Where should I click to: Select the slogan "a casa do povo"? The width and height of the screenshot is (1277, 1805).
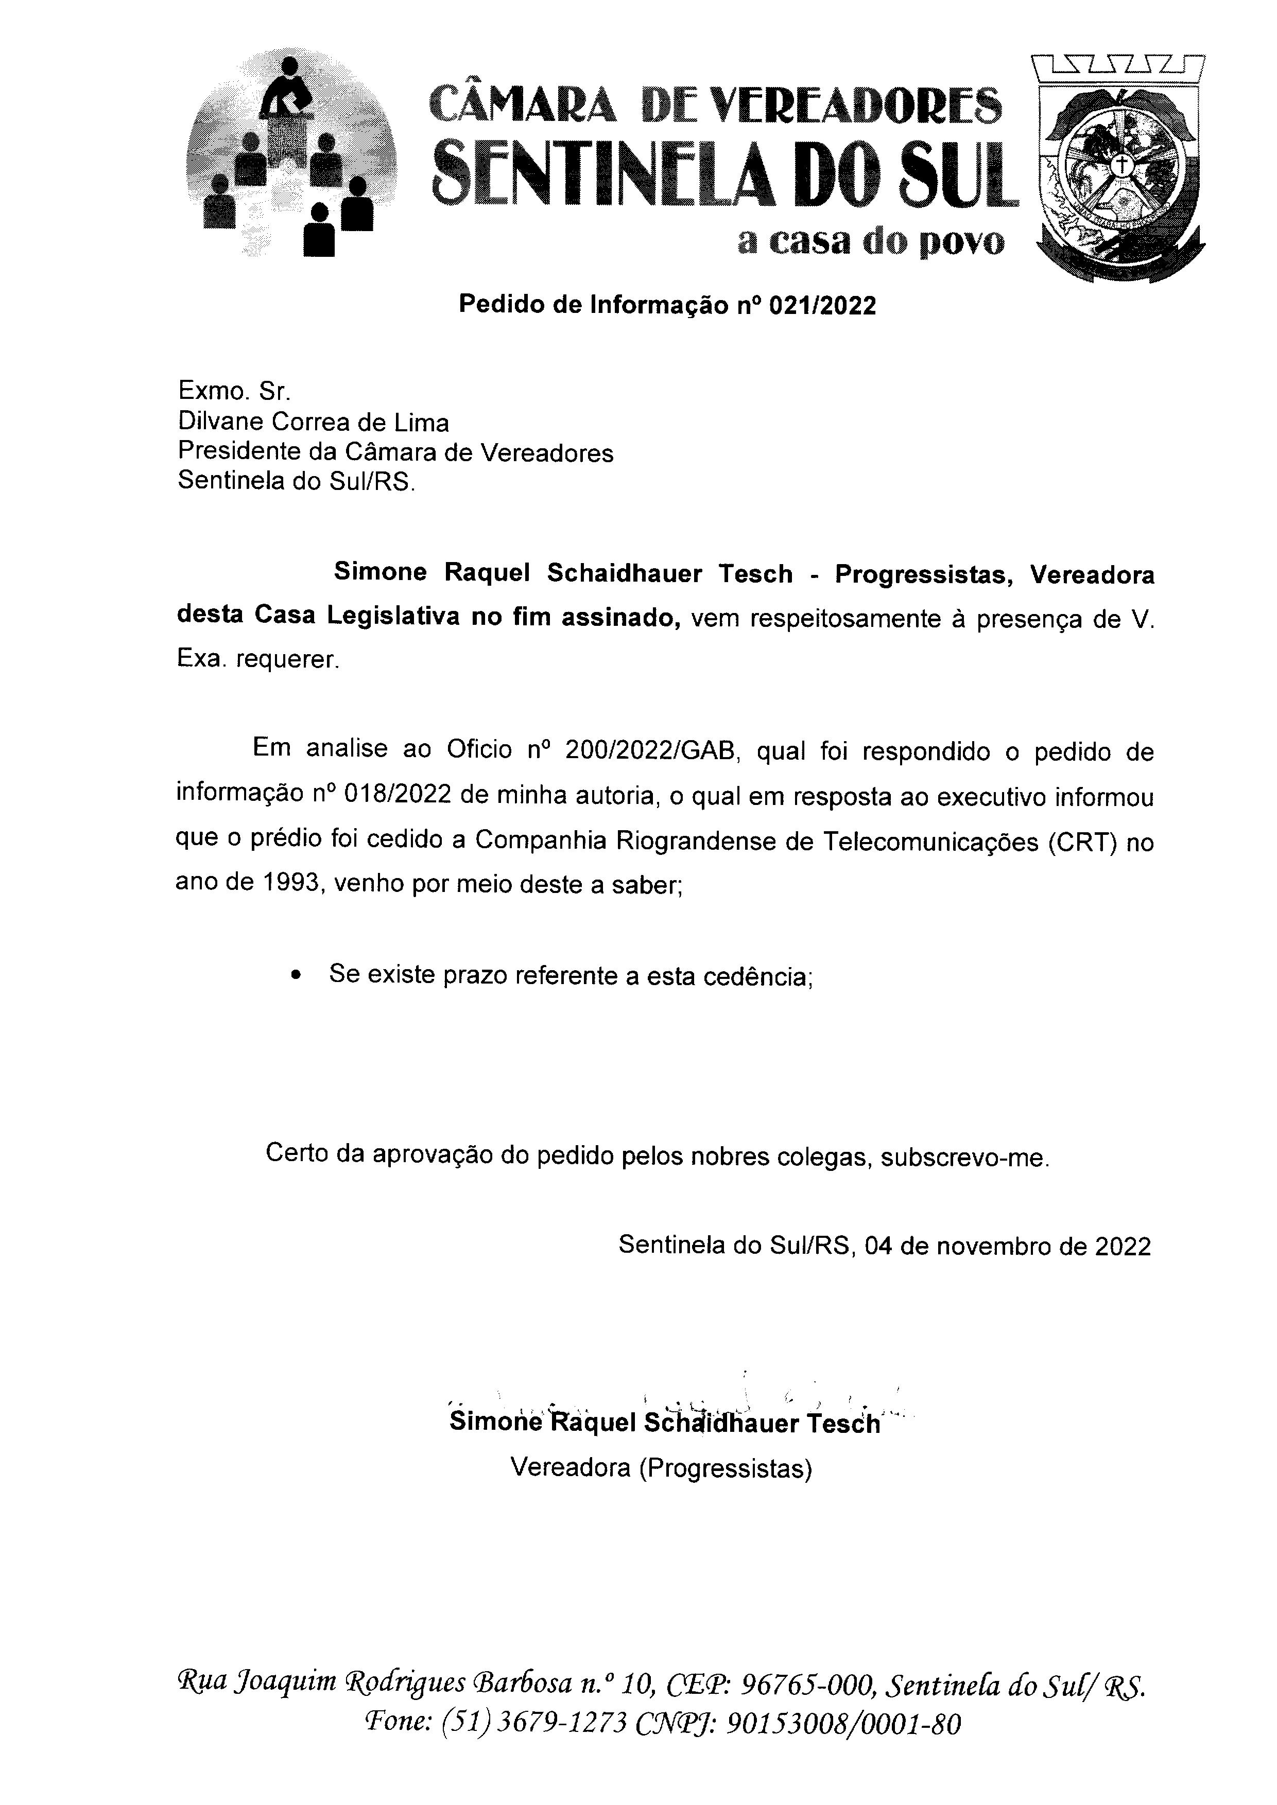point(870,242)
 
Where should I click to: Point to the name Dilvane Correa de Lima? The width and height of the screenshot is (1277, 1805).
point(313,423)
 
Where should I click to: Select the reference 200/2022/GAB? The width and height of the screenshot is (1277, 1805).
point(650,751)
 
